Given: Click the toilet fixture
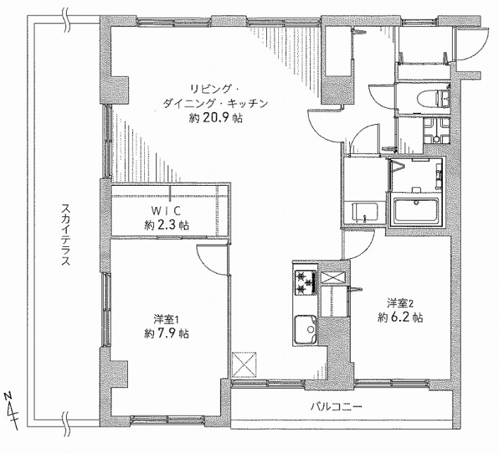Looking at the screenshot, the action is click(x=434, y=99).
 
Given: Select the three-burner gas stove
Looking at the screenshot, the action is click(x=305, y=282).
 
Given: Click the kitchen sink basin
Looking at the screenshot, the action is click(x=305, y=329).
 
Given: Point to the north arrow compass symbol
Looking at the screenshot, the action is click(x=12, y=411).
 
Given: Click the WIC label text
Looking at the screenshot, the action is click(x=166, y=210).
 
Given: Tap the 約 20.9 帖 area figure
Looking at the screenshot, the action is click(x=216, y=118).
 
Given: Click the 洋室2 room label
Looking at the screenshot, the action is click(x=400, y=303).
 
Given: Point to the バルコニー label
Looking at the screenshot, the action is click(x=336, y=406).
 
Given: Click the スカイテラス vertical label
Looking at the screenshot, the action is click(x=65, y=235).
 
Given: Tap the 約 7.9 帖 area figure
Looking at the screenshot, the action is click(x=166, y=333).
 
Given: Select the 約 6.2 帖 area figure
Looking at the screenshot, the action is click(x=400, y=318).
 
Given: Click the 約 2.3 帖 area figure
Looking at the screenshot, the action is click(x=166, y=226).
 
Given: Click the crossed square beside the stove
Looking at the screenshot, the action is click(x=333, y=277).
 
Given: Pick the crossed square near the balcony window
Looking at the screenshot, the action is click(x=244, y=365).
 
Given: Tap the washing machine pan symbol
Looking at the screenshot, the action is click(x=436, y=131).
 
